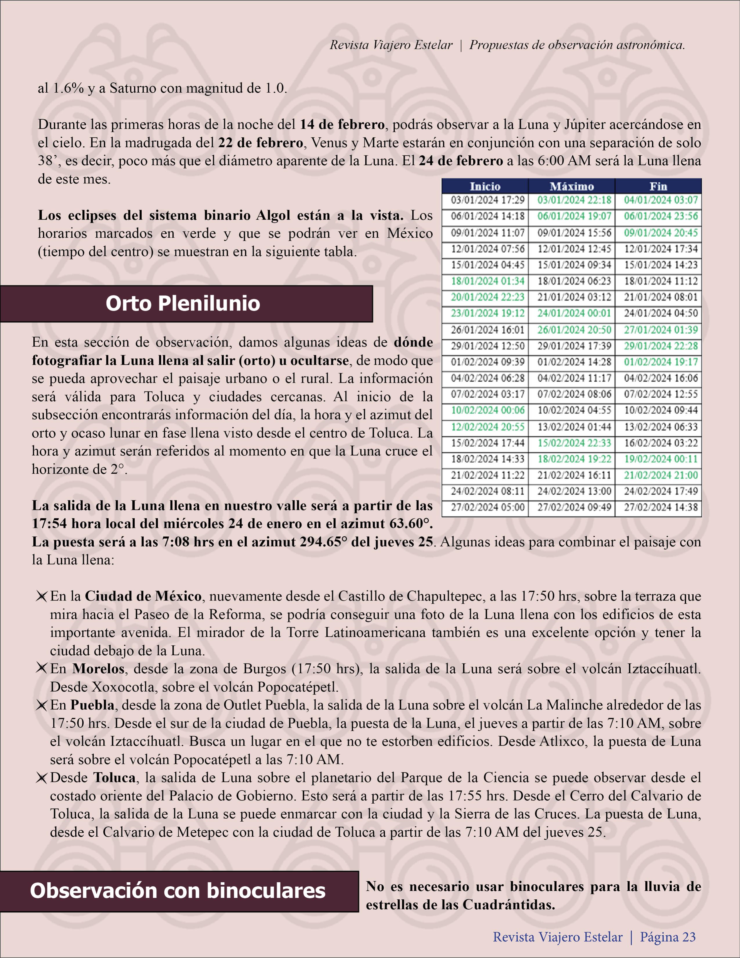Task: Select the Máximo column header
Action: pyautogui.click(x=572, y=186)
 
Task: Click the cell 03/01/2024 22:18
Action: pyautogui.click(x=574, y=201)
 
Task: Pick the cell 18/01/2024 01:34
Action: pyautogui.click(x=487, y=281)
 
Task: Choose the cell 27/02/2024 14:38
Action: pyautogui.click(x=660, y=508)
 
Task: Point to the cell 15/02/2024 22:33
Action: pyautogui.click(x=574, y=443)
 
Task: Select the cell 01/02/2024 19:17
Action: pyautogui.click(x=660, y=362)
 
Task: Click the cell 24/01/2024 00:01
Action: pyautogui.click(x=574, y=313)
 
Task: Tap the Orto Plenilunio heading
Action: pyautogui.click(x=183, y=304)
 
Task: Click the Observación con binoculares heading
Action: pyautogui.click(x=178, y=891)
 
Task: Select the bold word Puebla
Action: pyautogui.click(x=93, y=705)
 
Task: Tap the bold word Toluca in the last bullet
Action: pyautogui.click(x=115, y=778)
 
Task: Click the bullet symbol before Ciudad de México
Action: pyautogui.click(x=42, y=597)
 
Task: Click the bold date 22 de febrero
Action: pyautogui.click(x=261, y=143)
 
